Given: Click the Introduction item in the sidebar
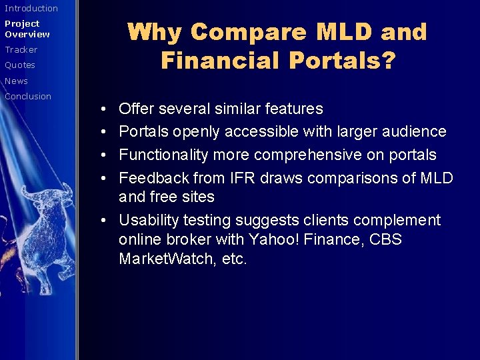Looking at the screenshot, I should tap(31, 9).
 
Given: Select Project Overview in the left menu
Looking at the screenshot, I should tap(27, 29).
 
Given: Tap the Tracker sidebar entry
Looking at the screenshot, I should tap(21, 50).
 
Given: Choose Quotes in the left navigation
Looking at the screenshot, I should tap(20, 65).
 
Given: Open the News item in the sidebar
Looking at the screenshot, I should tap(17, 81).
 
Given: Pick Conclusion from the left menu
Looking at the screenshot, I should tap(28, 97).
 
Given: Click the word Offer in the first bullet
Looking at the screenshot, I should tap(136, 109).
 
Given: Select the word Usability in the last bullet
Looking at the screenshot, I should tap(147, 220).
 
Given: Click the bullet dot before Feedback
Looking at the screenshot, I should tap(107, 179).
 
